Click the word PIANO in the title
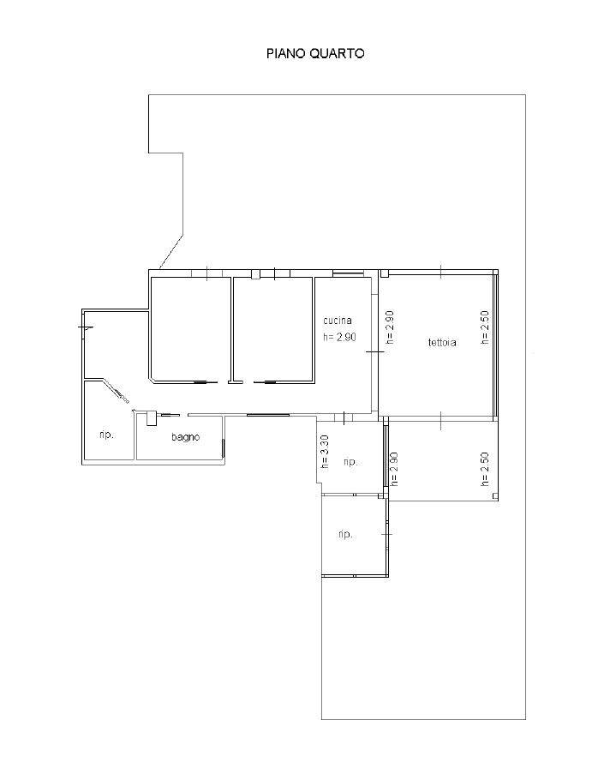pyautogui.click(x=286, y=53)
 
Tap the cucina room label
pyautogui.click(x=338, y=321)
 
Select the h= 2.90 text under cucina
pyautogui.click(x=339, y=337)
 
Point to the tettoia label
pyautogui.click(x=442, y=342)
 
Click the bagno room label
pyautogui.click(x=186, y=437)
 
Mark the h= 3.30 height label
pyautogui.click(x=325, y=452)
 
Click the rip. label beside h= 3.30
pyautogui.click(x=350, y=462)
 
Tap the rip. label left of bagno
pyautogui.click(x=106, y=435)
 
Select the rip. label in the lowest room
pyautogui.click(x=345, y=534)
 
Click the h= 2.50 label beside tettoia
pyautogui.click(x=485, y=327)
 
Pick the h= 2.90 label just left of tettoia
pyautogui.click(x=390, y=327)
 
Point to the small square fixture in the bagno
pyautogui.click(x=151, y=418)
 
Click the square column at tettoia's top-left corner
pyautogui.click(x=385, y=273)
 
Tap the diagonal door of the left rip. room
pyautogui.click(x=117, y=390)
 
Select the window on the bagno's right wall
pyautogui.click(x=223, y=448)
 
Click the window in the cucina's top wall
pyautogui.click(x=348, y=273)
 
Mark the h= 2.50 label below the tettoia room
pyautogui.click(x=485, y=470)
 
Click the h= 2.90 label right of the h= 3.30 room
pyautogui.click(x=394, y=470)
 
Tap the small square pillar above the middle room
pyautogui.click(x=255, y=274)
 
